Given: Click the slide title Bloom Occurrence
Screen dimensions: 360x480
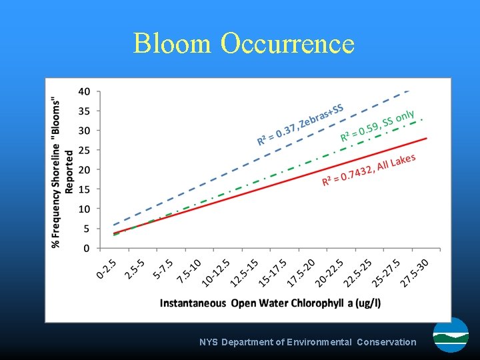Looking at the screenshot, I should (x=243, y=43).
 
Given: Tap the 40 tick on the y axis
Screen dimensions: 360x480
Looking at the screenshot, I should (x=85, y=91).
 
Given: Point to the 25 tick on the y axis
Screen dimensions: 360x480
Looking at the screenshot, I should (x=85, y=150).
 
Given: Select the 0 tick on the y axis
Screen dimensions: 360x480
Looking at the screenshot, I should (x=87, y=248).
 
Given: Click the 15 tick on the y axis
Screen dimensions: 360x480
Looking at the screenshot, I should (x=85, y=189).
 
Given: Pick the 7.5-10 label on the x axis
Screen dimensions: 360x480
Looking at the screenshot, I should (x=191, y=271).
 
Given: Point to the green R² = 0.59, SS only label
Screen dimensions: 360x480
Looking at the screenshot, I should (x=378, y=126).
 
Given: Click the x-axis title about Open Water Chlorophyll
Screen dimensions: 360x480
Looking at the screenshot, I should (x=271, y=303).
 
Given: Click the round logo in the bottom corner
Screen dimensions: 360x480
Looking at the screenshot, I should (x=451, y=335).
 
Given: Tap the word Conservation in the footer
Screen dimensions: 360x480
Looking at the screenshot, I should (x=386, y=342).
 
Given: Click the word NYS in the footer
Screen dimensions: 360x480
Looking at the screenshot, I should (x=209, y=342).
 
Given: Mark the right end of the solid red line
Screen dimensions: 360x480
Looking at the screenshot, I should (x=426, y=138).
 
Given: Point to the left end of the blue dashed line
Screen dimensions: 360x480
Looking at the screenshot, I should (x=114, y=225).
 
